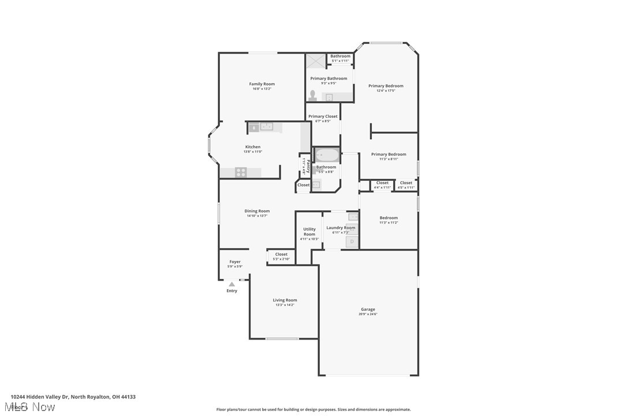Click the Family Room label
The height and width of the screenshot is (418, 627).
point(262,84)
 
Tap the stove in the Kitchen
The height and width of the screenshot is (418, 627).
point(241,172)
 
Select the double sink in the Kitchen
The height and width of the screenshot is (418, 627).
point(266,126)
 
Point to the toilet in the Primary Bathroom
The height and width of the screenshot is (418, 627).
point(312,96)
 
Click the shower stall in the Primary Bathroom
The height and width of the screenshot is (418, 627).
point(316,61)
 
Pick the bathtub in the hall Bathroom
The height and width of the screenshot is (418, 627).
point(327,155)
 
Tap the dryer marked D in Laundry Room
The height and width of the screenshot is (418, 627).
point(352,241)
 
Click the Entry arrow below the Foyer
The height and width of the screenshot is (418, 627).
point(232,284)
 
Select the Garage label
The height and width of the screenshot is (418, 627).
point(368,309)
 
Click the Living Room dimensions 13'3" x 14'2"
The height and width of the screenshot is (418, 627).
point(285,305)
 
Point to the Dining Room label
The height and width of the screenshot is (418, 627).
point(257,211)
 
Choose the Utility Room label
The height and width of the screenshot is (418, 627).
point(309,232)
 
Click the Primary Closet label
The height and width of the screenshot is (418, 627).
point(323,117)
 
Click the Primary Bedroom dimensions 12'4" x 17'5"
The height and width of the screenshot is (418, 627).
point(386,91)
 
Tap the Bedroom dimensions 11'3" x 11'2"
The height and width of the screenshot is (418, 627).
point(389,222)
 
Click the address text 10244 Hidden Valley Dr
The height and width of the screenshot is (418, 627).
point(40,397)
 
